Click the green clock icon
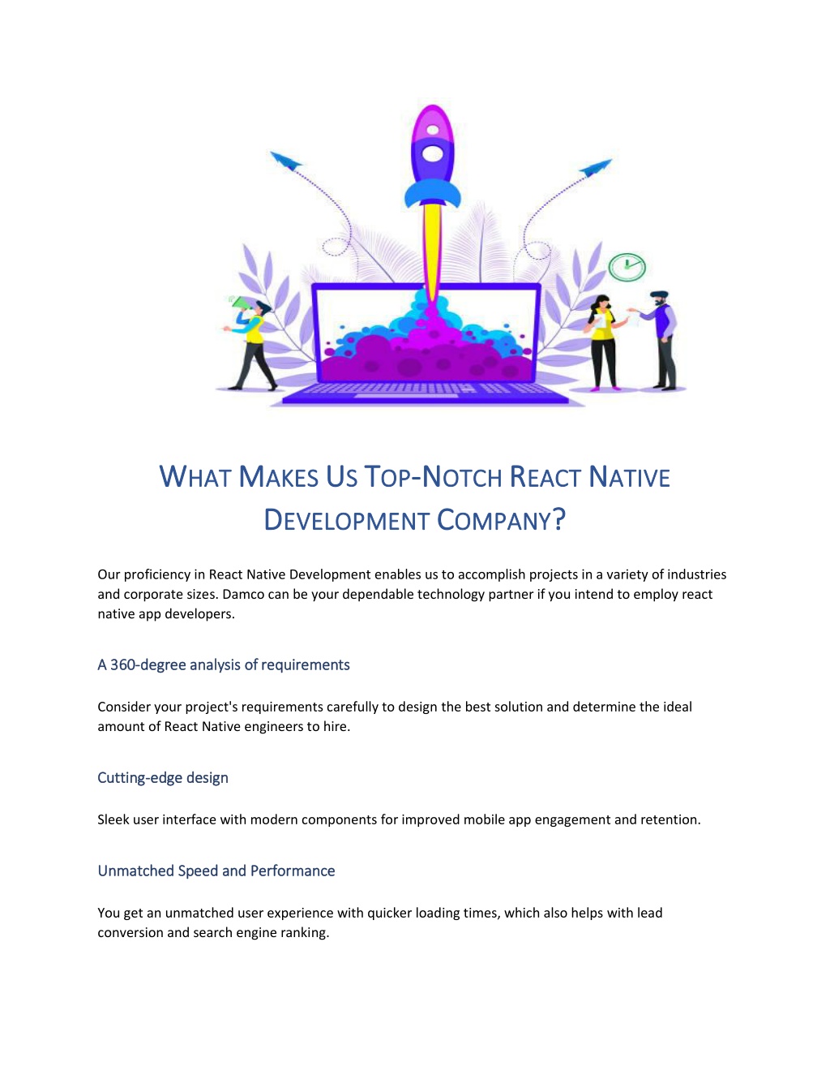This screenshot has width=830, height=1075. pos(627,267)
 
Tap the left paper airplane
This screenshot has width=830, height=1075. pos(285,161)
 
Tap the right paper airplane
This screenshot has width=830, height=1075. pos(596,168)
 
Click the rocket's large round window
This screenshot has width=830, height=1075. pos(432,154)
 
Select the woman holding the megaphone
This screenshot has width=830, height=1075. pos(251,343)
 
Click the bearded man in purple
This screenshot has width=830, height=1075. pos(658,341)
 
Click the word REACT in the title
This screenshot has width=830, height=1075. pos(545,477)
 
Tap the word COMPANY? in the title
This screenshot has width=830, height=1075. pos(501,520)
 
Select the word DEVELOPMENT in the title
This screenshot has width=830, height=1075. pos(346,520)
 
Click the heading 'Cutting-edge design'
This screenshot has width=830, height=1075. pos(163,778)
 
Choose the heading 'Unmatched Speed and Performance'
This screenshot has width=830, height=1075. pos(216,871)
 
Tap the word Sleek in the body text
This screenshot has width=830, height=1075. pos(113,819)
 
